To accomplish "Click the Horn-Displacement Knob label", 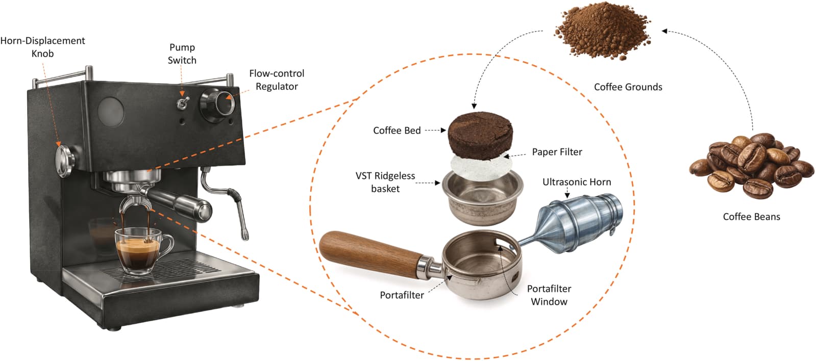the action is [43, 47].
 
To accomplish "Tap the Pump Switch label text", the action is [182, 54].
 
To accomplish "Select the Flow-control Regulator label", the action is [277, 80].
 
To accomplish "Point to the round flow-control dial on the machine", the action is [217, 105].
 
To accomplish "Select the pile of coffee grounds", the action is [602, 31].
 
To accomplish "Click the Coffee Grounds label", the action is [628, 87].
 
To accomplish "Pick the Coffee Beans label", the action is [752, 217].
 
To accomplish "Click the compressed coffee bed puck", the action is [480, 135].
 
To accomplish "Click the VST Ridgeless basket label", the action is [385, 183].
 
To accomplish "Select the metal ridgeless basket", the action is [482, 198].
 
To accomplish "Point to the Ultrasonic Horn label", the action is [577, 182].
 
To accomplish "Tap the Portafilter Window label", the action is [549, 295].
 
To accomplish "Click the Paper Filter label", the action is [557, 152].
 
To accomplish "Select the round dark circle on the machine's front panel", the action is [111, 112].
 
